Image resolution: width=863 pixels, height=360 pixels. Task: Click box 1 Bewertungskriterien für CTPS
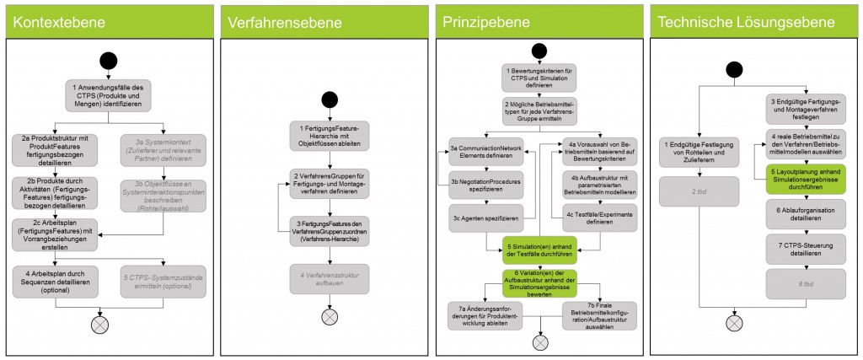point(539,77)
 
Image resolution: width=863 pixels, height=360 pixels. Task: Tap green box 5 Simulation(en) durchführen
point(539,246)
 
